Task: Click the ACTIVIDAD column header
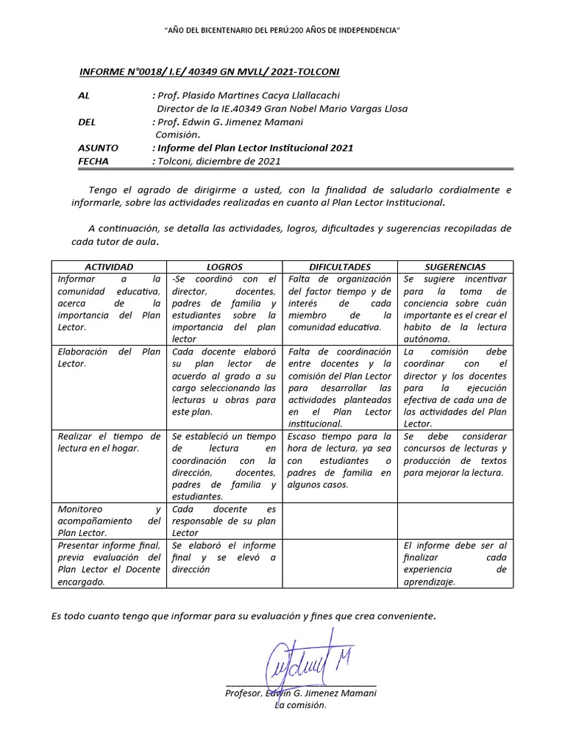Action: coord(109,267)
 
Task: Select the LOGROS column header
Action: coord(224,267)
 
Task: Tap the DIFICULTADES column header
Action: coord(340,267)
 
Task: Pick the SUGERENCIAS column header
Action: coord(455,267)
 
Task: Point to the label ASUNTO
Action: coord(98,148)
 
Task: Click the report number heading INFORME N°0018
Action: coord(209,71)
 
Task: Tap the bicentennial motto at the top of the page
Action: coord(282,29)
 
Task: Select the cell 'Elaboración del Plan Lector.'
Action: coord(109,357)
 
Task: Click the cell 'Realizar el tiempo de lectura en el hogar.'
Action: coord(109,443)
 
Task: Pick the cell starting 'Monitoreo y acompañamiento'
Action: coord(109,521)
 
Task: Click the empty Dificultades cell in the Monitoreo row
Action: coord(340,521)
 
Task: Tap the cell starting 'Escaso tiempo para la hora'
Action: coord(340,460)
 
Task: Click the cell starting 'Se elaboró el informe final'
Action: coord(224,557)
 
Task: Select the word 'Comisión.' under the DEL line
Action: coord(177,135)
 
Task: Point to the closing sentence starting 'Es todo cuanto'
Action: coord(244,615)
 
